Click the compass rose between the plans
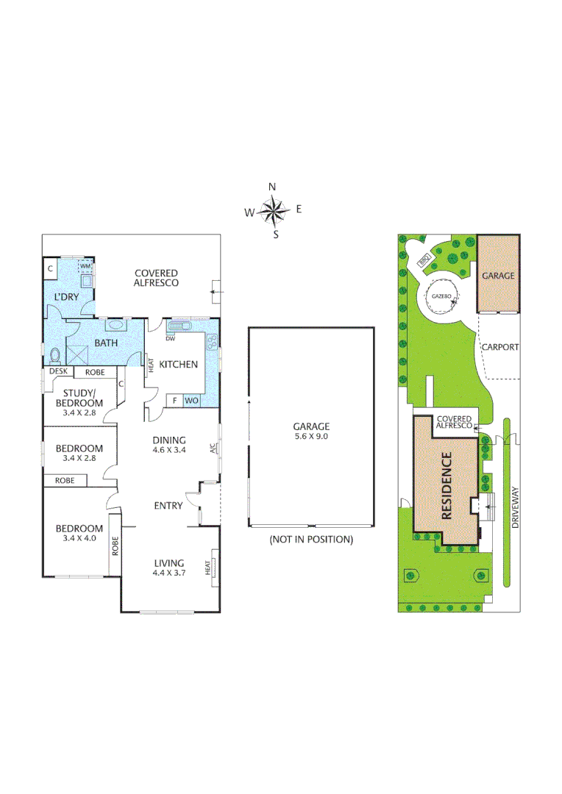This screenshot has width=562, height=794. click(x=274, y=210)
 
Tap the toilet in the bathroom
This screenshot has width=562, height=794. click(x=55, y=356)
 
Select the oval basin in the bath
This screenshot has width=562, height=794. click(x=115, y=323)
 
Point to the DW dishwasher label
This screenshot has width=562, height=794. click(x=170, y=339)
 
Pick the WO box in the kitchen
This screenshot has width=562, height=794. click(x=191, y=401)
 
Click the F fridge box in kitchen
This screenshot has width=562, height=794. click(x=174, y=401)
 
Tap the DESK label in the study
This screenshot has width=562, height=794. click(x=58, y=372)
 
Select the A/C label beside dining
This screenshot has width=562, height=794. click(x=213, y=448)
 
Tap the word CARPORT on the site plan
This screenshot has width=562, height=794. click(x=499, y=347)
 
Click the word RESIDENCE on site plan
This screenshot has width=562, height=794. click(x=447, y=486)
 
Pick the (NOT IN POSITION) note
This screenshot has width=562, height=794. click(x=311, y=539)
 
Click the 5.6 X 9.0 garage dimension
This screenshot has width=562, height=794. click(x=311, y=436)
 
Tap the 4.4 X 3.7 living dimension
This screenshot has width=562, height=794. click(x=168, y=573)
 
